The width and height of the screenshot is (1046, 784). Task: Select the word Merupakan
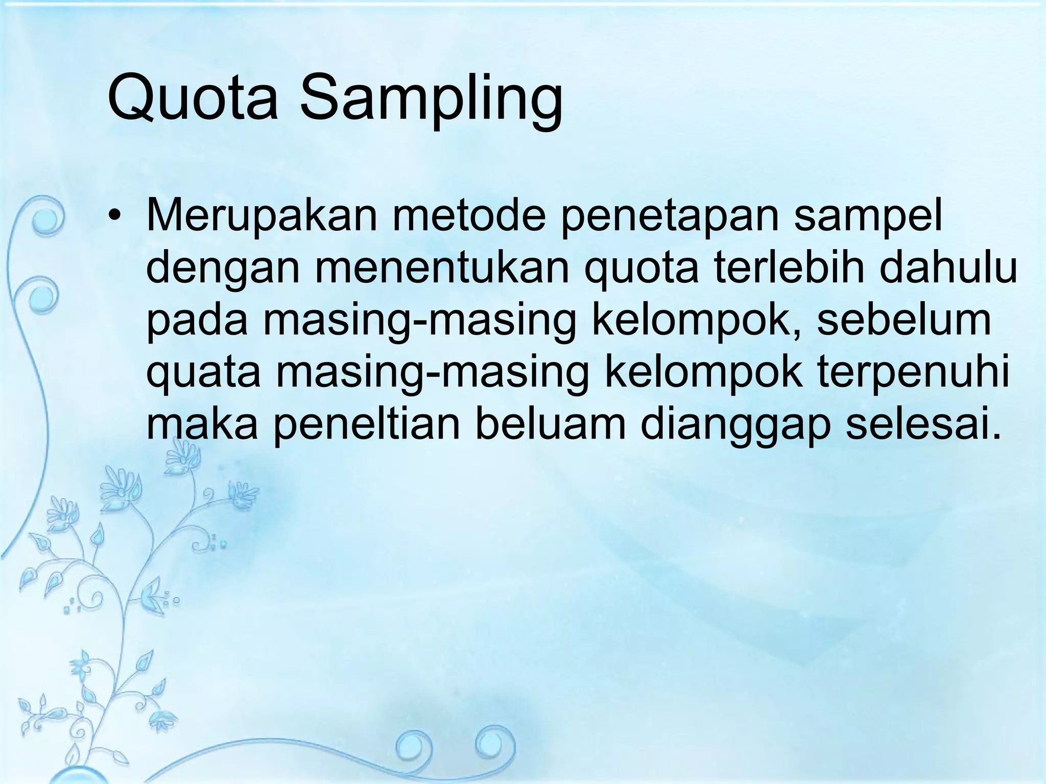[261, 216]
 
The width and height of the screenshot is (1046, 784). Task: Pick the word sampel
[868, 216]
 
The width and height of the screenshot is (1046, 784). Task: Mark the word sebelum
[904, 318]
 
